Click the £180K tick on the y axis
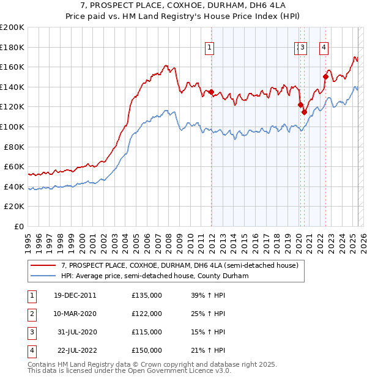point(13,47)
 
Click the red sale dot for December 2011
point(212,92)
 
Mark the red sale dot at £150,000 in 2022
point(325,77)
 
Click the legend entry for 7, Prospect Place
point(179,265)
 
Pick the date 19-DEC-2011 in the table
point(75,295)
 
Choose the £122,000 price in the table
point(147,314)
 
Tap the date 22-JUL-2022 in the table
point(75,350)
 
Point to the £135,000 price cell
point(147,295)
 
